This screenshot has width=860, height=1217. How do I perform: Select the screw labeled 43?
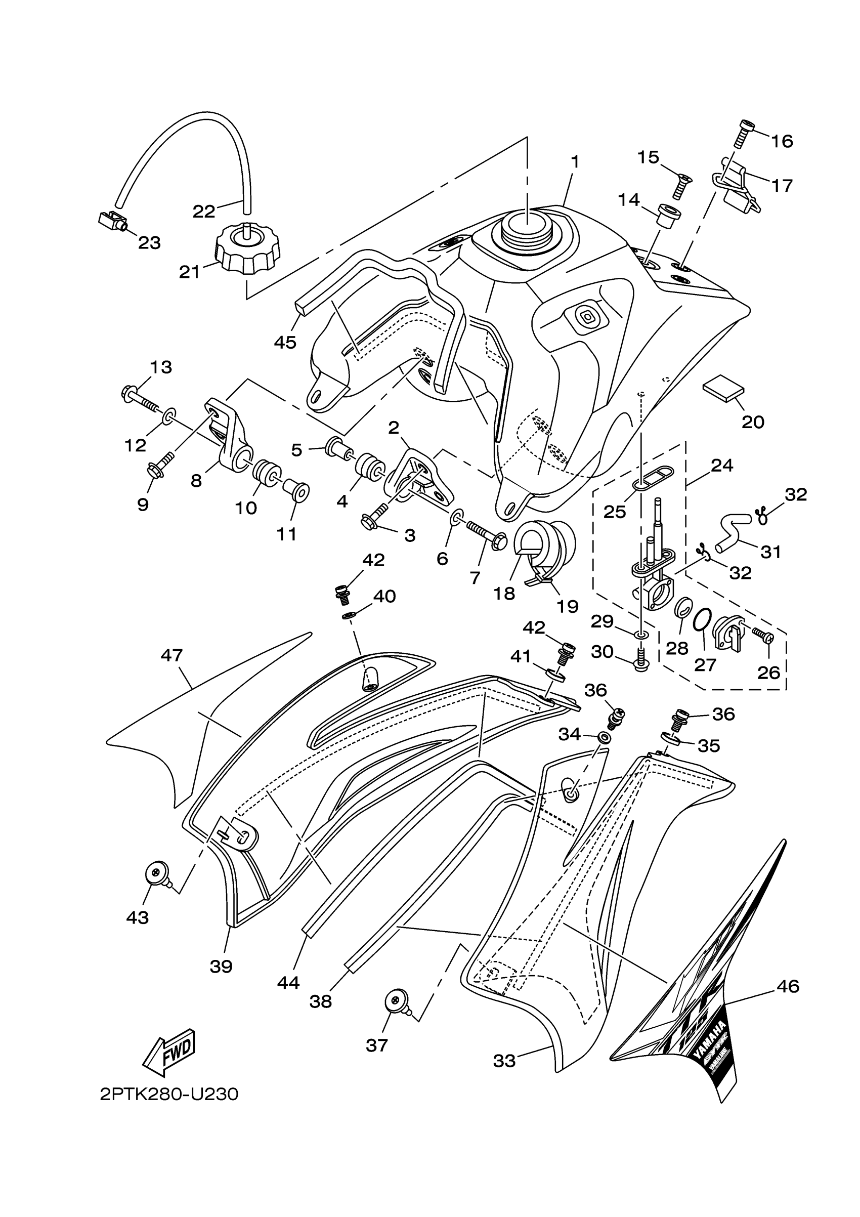tap(157, 873)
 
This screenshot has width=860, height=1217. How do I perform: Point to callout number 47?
tap(171, 656)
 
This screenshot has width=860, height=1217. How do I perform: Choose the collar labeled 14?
tap(669, 215)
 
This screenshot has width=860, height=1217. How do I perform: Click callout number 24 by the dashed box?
tap(722, 466)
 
